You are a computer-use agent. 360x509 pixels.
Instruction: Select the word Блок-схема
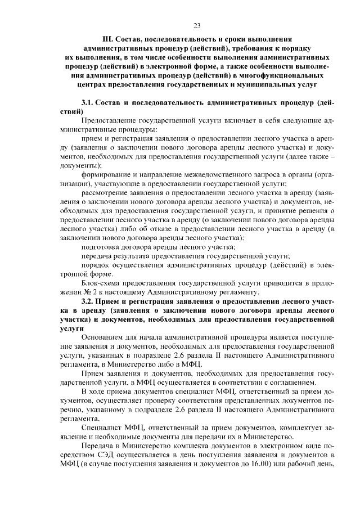[101, 283]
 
